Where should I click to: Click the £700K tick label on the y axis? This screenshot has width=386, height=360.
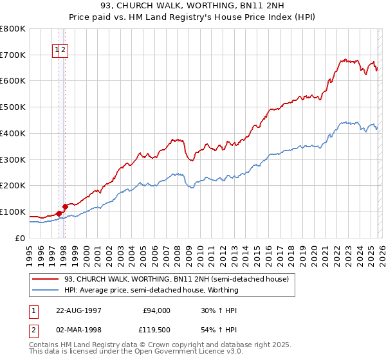13,55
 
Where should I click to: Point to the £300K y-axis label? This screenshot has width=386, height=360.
13,159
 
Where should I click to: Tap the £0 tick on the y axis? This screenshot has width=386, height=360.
20,238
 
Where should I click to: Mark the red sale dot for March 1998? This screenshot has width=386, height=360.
65,206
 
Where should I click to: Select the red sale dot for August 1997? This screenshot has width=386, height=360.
59,213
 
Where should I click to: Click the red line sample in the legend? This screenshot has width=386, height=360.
46,279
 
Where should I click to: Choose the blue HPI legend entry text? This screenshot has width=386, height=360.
151,290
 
